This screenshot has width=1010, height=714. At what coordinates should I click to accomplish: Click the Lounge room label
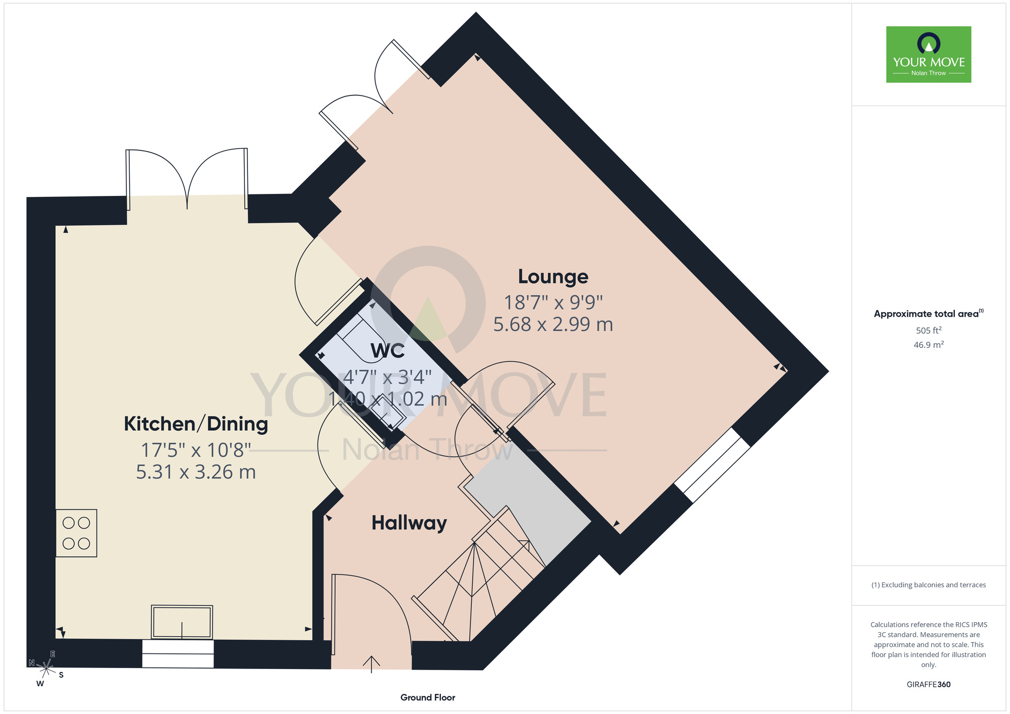553,277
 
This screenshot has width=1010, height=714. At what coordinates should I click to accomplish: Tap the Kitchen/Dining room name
196,424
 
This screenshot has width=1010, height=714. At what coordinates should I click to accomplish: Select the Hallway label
409,523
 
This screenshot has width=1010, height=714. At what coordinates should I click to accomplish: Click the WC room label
388,351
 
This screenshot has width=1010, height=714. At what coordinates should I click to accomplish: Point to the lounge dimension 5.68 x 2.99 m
553,324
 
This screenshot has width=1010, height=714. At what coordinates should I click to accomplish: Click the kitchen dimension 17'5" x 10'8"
196,449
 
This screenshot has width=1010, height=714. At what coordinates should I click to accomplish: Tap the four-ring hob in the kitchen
76,533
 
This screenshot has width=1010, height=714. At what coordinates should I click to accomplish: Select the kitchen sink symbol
182,622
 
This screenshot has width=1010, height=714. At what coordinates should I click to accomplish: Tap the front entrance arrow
372,665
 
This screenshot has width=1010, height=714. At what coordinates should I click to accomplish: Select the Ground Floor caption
428,697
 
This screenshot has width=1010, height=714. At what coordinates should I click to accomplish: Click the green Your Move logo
929,55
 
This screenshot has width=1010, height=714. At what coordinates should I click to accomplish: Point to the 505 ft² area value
929,330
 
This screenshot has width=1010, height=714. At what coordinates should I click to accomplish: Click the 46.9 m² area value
929,345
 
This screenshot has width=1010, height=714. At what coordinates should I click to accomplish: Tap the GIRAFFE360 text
929,685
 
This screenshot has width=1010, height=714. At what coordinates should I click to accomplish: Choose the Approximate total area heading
929,314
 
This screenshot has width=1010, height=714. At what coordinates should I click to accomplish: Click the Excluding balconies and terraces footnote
929,585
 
